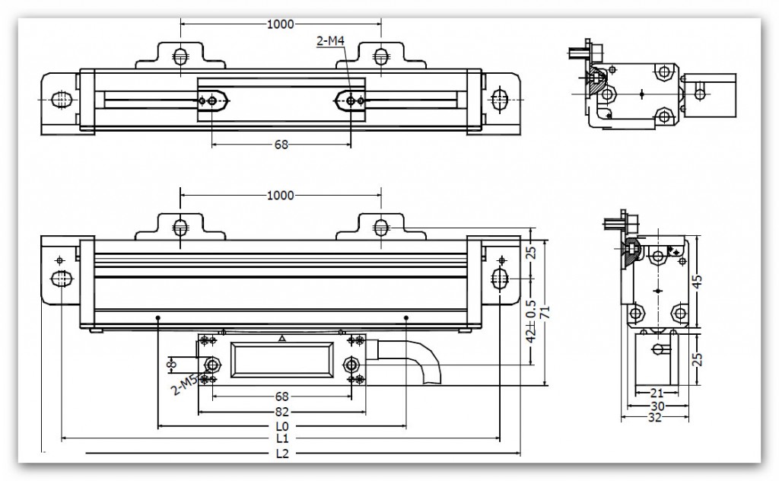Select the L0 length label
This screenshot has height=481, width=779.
pos(281,425)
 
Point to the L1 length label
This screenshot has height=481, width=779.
pos(281,438)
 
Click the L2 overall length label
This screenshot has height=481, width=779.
pos(281,454)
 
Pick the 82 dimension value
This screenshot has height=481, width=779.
pos(281,411)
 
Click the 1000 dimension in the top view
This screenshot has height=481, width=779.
pos(281,24)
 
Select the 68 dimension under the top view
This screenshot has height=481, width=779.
pos(281,145)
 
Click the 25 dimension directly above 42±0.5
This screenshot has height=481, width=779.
pos(532,252)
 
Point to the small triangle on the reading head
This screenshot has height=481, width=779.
pos(282,338)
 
